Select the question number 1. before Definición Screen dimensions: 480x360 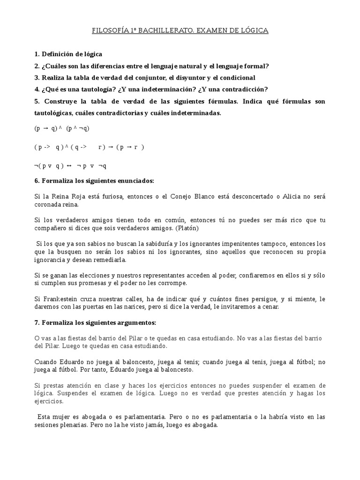click(37, 54)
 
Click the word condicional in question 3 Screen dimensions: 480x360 click(236, 78)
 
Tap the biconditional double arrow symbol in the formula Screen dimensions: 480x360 click(69, 166)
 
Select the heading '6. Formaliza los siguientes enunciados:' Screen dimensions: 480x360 click(95, 180)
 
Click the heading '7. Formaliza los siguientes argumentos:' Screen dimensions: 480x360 click(96, 323)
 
